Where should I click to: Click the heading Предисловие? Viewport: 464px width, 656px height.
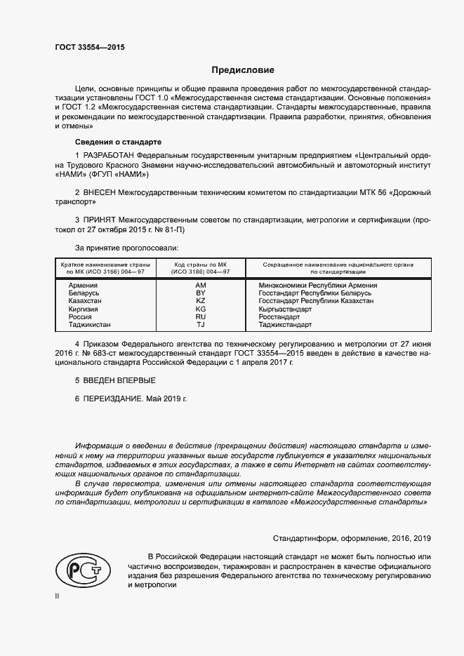[244, 70]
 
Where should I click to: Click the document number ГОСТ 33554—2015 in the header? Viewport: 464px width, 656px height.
[91, 47]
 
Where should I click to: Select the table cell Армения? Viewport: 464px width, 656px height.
[83, 286]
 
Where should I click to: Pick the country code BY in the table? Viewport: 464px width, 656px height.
[200, 293]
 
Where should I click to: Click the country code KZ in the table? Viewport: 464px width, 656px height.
[200, 301]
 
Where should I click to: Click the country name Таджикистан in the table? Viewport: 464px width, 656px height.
[90, 325]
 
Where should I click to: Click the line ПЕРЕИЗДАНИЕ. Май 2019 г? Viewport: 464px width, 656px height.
[131, 399]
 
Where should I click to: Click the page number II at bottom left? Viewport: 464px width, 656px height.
[58, 596]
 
